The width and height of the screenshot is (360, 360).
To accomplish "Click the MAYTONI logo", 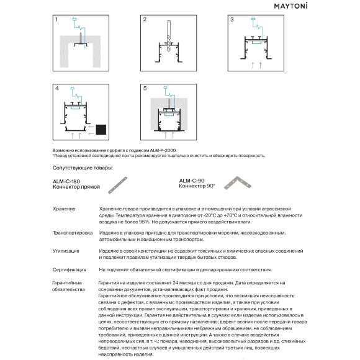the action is point(290,6).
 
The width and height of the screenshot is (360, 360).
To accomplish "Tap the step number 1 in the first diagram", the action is point(56,20).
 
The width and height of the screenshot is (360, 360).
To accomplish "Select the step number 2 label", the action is point(145,19).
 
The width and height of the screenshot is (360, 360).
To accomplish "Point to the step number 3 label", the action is point(232,20).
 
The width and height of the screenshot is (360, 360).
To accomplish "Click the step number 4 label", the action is point(57,88).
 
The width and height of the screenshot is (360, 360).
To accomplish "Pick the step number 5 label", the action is point(145,88).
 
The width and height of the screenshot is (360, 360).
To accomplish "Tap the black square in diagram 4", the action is point(101,130).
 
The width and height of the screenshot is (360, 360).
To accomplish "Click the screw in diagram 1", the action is point(81,38).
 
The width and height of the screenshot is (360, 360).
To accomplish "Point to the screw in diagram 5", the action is point(169,103).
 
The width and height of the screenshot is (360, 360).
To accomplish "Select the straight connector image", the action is point(117,185).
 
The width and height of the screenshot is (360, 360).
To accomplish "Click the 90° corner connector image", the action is point(238,182).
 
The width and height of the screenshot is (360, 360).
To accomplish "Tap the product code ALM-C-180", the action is point(66,182).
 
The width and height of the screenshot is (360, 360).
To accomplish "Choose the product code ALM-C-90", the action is point(192,181).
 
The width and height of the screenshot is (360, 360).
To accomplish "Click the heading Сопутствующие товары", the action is point(83,168).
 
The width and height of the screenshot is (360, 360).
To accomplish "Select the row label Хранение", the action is point(64,209).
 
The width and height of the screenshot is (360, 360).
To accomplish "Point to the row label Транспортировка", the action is point(73,233).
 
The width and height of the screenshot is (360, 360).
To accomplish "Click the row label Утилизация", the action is point(66,251).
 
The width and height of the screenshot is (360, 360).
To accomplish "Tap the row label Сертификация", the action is point(70,270).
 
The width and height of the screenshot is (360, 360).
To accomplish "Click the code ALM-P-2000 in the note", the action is point(163,151).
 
